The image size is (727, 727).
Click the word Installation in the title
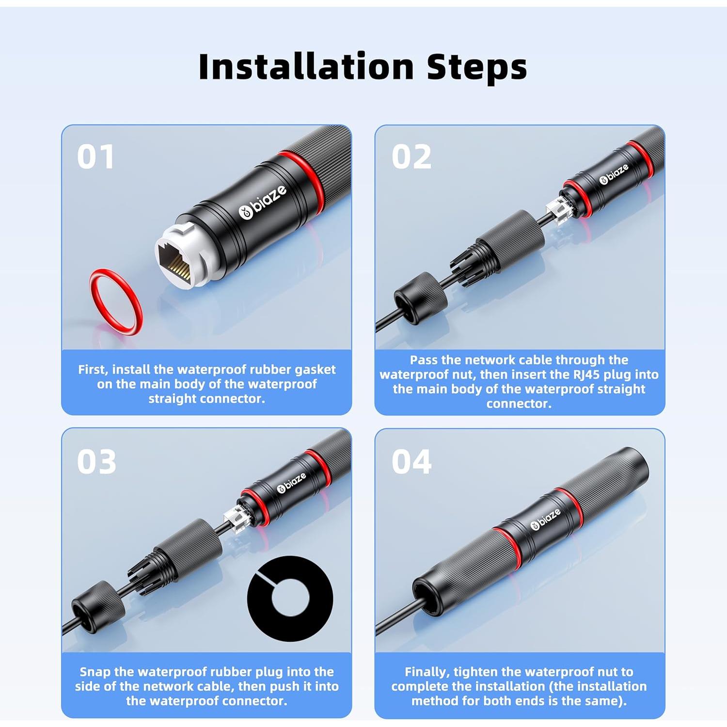(x=306, y=66)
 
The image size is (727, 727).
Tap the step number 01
(x=95, y=157)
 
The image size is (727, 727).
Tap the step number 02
(x=411, y=157)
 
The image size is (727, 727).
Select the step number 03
(x=96, y=461)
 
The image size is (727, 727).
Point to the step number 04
(x=411, y=461)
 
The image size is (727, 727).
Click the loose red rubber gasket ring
(x=116, y=301)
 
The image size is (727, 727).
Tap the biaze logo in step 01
(x=262, y=202)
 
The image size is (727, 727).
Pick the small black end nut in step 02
(x=420, y=298)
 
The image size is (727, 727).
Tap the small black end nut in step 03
(x=98, y=606)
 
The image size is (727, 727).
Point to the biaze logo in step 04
(x=545, y=519)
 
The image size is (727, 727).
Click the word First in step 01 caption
(x=94, y=370)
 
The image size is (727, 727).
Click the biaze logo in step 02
(x=614, y=174)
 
